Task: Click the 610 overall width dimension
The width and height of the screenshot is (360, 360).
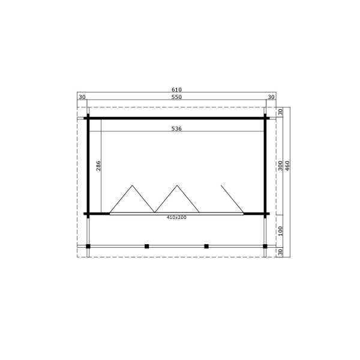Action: click(176, 89)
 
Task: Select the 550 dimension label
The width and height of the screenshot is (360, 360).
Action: click(176, 97)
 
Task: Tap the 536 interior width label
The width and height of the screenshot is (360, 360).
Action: click(176, 128)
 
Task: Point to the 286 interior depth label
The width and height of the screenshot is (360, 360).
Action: click(98, 166)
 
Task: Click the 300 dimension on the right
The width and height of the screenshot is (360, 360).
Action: click(280, 166)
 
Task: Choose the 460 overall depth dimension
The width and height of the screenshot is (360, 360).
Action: click(287, 166)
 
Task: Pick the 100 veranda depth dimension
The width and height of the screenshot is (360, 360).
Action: click(280, 231)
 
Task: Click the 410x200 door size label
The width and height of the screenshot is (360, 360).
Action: click(176, 217)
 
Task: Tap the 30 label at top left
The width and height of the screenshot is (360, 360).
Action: click(82, 97)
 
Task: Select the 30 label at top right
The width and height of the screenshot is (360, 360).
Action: click(271, 97)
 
